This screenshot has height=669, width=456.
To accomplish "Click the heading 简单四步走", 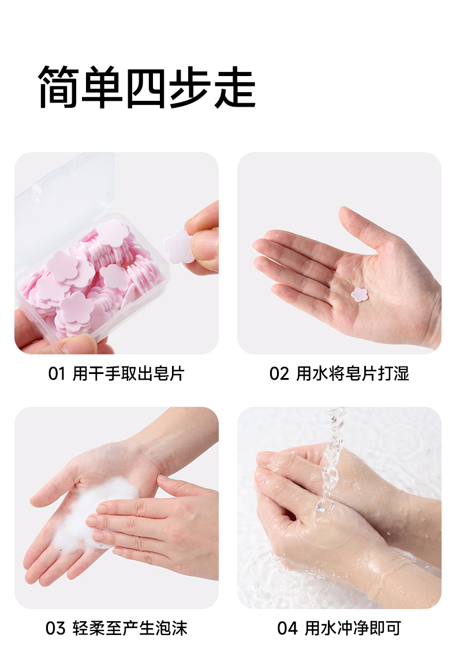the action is pyautogui.click(x=147, y=87).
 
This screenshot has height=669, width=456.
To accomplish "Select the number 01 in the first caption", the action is pyautogui.click(x=57, y=374).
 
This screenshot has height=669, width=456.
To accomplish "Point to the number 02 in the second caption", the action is pyautogui.click(x=279, y=374).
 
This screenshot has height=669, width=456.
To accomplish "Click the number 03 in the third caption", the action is pyautogui.click(x=55, y=629).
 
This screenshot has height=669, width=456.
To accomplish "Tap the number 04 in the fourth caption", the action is pyautogui.click(x=287, y=629).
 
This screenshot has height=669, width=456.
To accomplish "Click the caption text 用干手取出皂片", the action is pyautogui.click(x=128, y=374).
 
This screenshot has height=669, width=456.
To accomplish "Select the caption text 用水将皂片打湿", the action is pyautogui.click(x=353, y=374).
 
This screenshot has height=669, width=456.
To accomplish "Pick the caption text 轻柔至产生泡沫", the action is pyautogui.click(x=130, y=629).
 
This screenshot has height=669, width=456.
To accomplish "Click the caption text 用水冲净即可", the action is pyautogui.click(x=353, y=629).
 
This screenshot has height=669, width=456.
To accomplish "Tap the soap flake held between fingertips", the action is pyautogui.click(x=178, y=247).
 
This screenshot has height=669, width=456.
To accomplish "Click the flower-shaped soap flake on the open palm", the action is pyautogui.click(x=360, y=294).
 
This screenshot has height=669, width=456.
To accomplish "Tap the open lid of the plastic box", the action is pyautogui.click(x=64, y=205).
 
